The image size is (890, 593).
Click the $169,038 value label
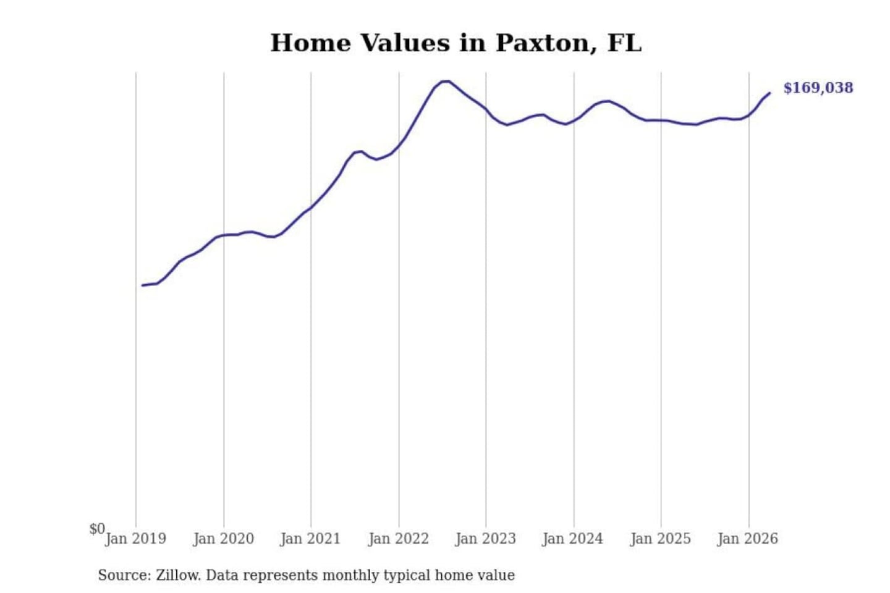(x=818, y=88)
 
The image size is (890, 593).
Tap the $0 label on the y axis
(x=97, y=529)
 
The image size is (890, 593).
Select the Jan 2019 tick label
(x=136, y=539)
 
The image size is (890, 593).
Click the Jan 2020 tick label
(x=223, y=539)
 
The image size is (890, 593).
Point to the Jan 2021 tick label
(x=310, y=539)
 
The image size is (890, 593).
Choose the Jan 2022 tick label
(x=399, y=539)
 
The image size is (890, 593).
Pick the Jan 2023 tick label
(x=486, y=539)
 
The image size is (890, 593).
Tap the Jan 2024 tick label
(x=573, y=539)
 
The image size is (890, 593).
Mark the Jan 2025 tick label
(x=661, y=539)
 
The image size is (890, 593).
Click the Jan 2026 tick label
(x=748, y=539)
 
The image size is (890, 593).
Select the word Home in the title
(x=310, y=43)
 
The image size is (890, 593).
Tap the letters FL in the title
(x=625, y=43)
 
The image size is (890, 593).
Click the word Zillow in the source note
(x=179, y=575)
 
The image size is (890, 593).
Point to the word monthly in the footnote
(x=353, y=576)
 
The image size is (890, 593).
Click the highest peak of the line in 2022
(x=446, y=82)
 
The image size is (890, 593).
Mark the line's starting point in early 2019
(x=142, y=285)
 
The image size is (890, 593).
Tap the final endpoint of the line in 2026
(x=769, y=93)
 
